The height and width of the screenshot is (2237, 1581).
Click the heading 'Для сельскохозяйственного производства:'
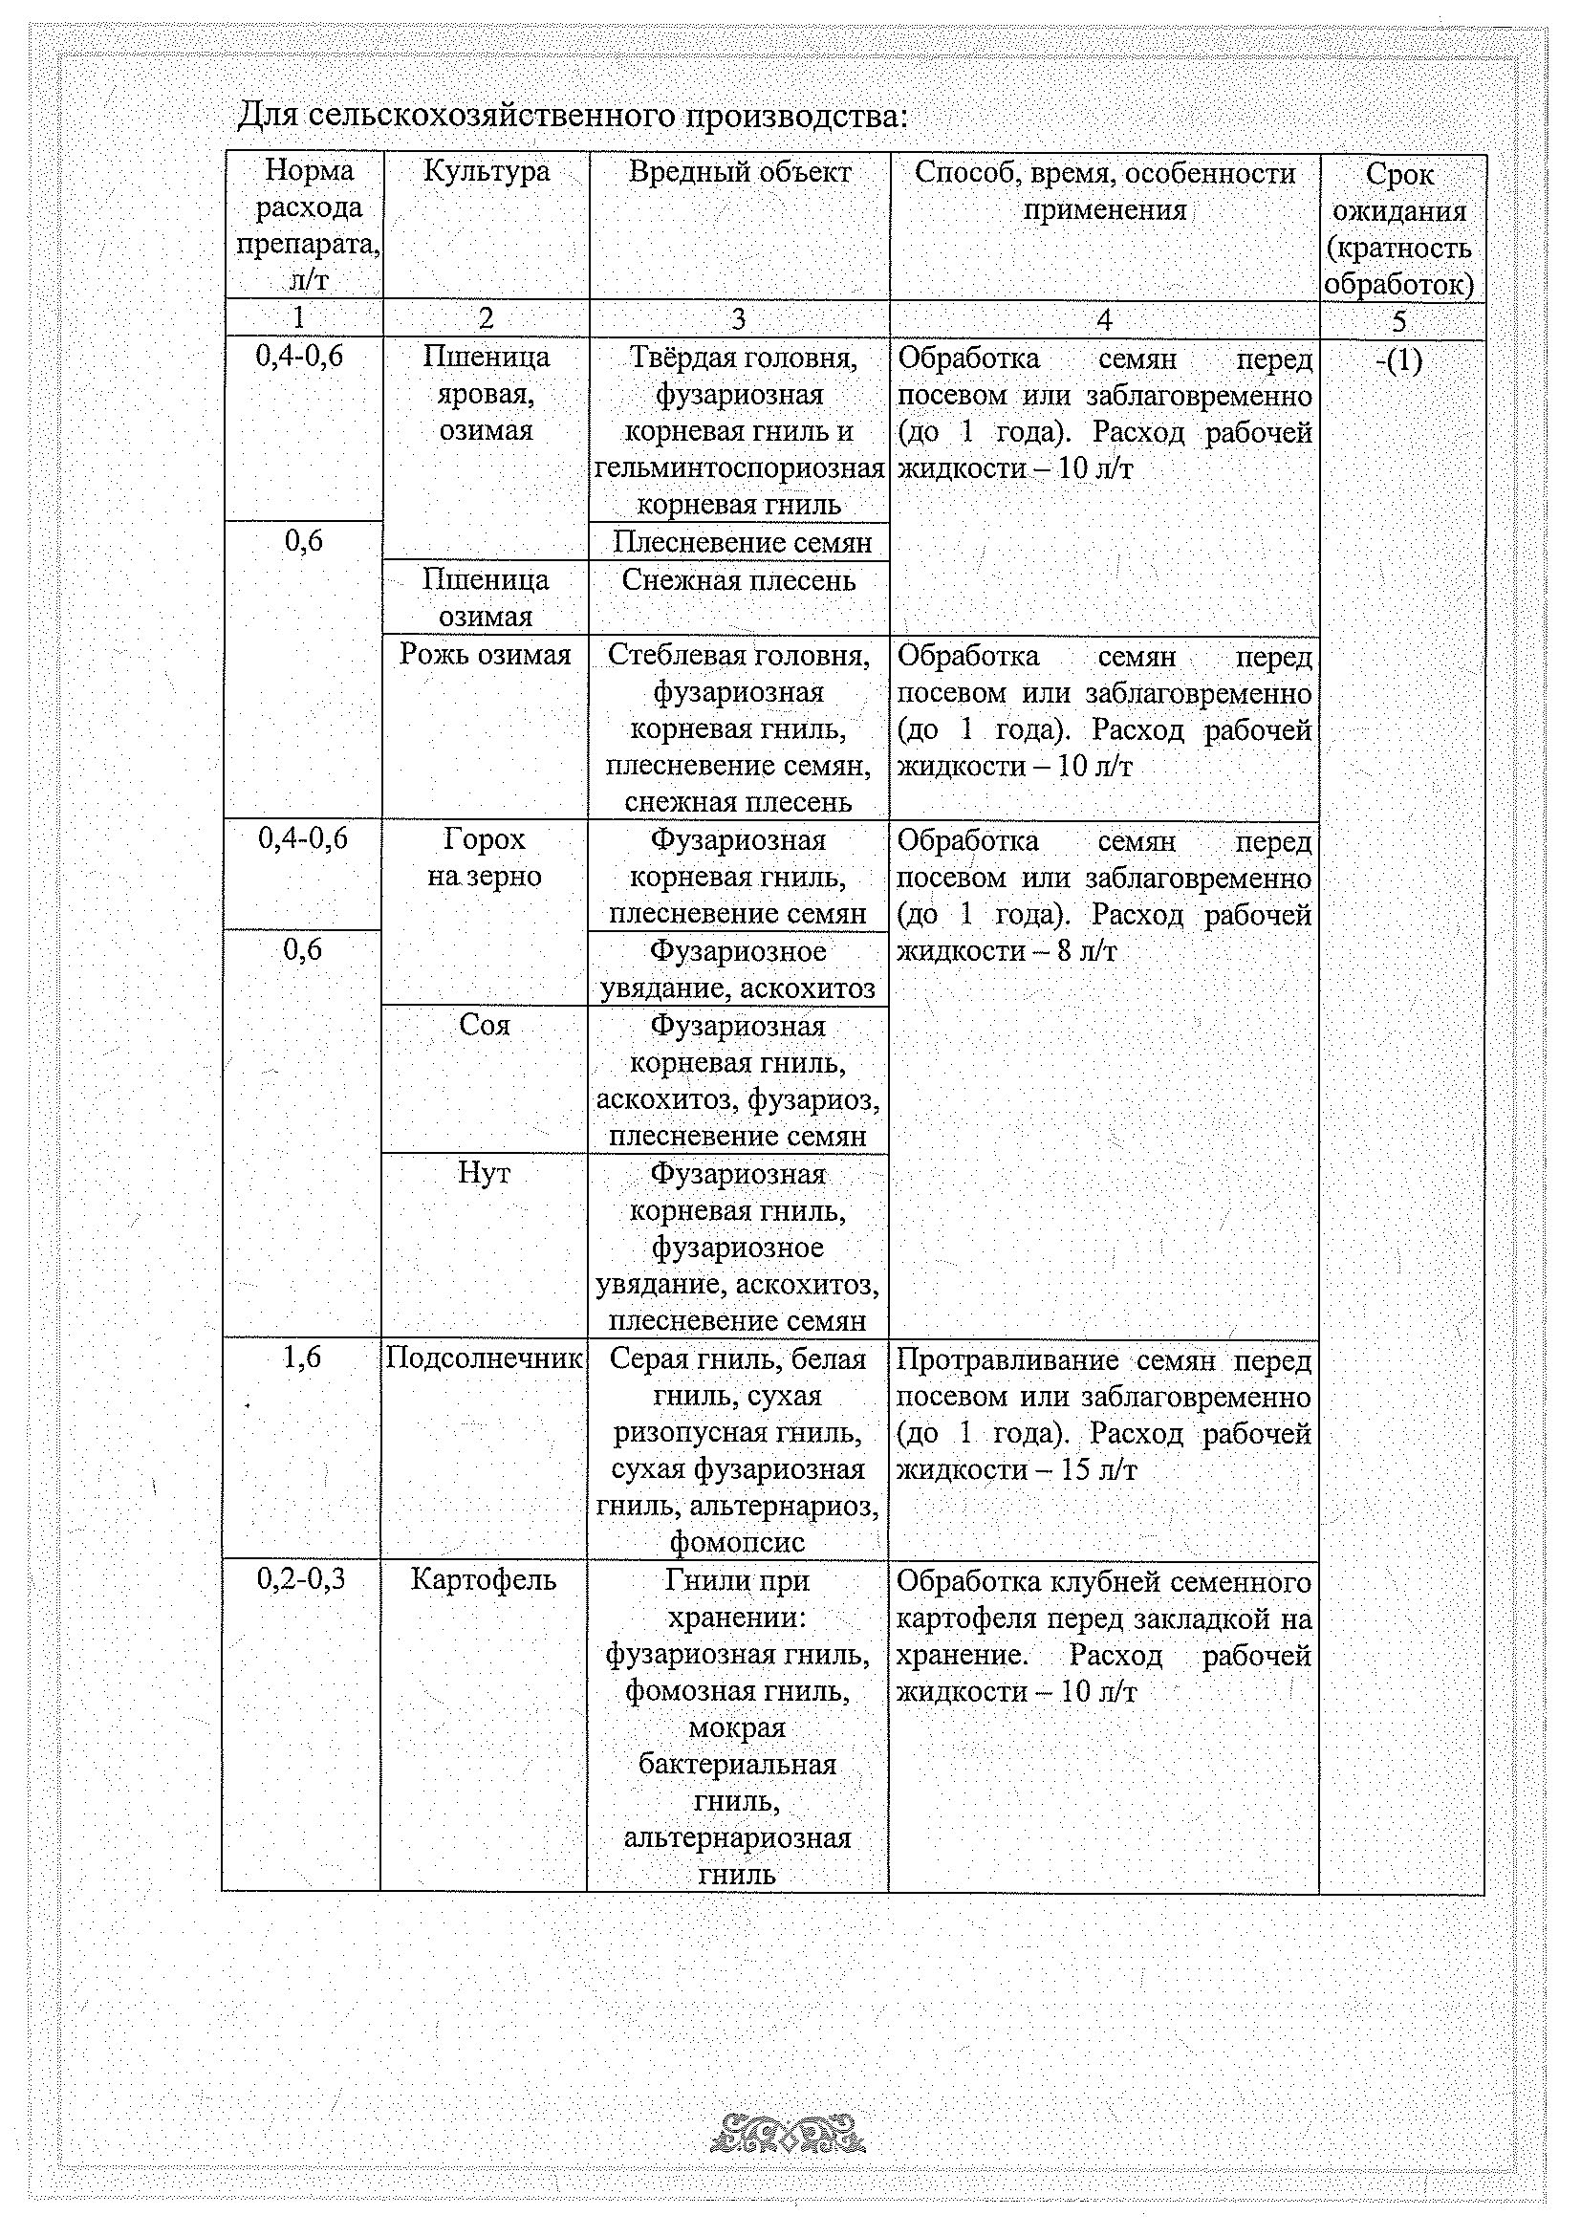coord(573,116)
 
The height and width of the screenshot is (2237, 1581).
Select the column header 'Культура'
coord(487,172)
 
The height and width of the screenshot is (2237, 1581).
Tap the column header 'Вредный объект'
coord(739,172)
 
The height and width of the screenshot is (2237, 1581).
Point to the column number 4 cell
coord(1104,319)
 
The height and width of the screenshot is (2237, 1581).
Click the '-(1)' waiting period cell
coord(1399,361)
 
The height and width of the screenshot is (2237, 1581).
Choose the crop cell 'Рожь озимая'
coord(486,654)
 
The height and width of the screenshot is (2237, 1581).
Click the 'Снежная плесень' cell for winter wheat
coord(738,580)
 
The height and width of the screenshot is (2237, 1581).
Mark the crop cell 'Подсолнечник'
coord(484,1358)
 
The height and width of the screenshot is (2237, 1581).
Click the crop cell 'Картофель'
coord(483,1579)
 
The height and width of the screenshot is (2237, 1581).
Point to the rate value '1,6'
coord(302,1357)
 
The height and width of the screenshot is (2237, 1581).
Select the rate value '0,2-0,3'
coord(302,1579)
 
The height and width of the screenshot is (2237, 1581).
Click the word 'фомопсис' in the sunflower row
coord(737,1542)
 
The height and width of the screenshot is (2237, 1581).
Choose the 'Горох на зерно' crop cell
coord(484,858)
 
